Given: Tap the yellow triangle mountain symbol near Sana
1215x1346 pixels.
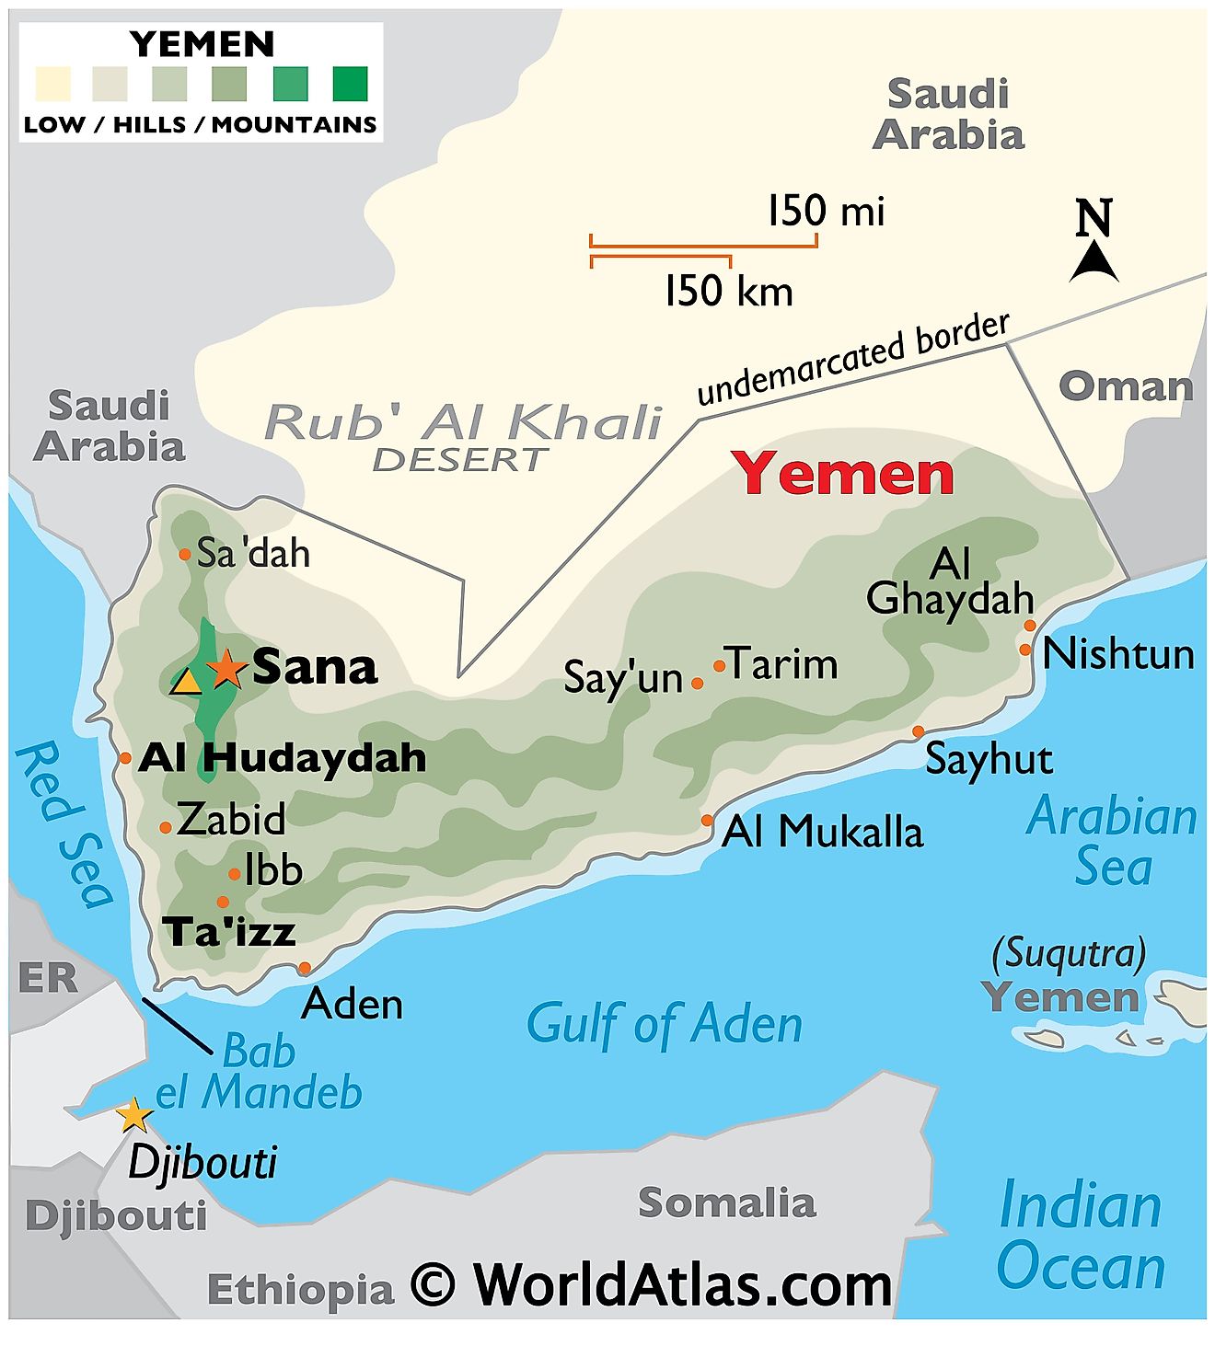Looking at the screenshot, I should pyautogui.click(x=187, y=682).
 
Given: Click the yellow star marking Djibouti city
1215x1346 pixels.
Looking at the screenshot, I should pyautogui.click(x=134, y=1115).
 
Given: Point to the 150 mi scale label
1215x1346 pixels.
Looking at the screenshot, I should pyautogui.click(x=826, y=211).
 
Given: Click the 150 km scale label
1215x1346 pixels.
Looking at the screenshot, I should pyautogui.click(x=728, y=292).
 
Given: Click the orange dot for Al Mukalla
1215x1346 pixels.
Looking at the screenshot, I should pyautogui.click(x=707, y=820).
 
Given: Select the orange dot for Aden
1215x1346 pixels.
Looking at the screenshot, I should pyautogui.click(x=305, y=968).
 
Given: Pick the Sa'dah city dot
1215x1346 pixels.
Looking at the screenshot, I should pyautogui.click(x=185, y=554).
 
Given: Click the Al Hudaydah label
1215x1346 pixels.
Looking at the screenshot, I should pyautogui.click(x=283, y=758).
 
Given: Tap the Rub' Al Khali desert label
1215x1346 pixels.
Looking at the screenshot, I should pyautogui.click(x=463, y=423).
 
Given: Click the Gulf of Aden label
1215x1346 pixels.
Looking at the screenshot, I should pyautogui.click(x=664, y=1024).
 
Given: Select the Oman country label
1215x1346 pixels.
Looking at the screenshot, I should pyautogui.click(x=1125, y=386).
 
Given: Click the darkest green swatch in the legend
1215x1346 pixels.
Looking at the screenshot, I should pyautogui.click(x=350, y=84).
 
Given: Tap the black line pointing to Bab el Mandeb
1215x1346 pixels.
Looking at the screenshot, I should pyautogui.click(x=177, y=1024).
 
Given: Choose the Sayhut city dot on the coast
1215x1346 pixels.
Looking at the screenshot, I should pyautogui.click(x=918, y=731).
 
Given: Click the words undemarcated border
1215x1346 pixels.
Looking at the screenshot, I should pyautogui.click(x=852, y=360).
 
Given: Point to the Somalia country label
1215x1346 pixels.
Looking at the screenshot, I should pyautogui.click(x=726, y=1202).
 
